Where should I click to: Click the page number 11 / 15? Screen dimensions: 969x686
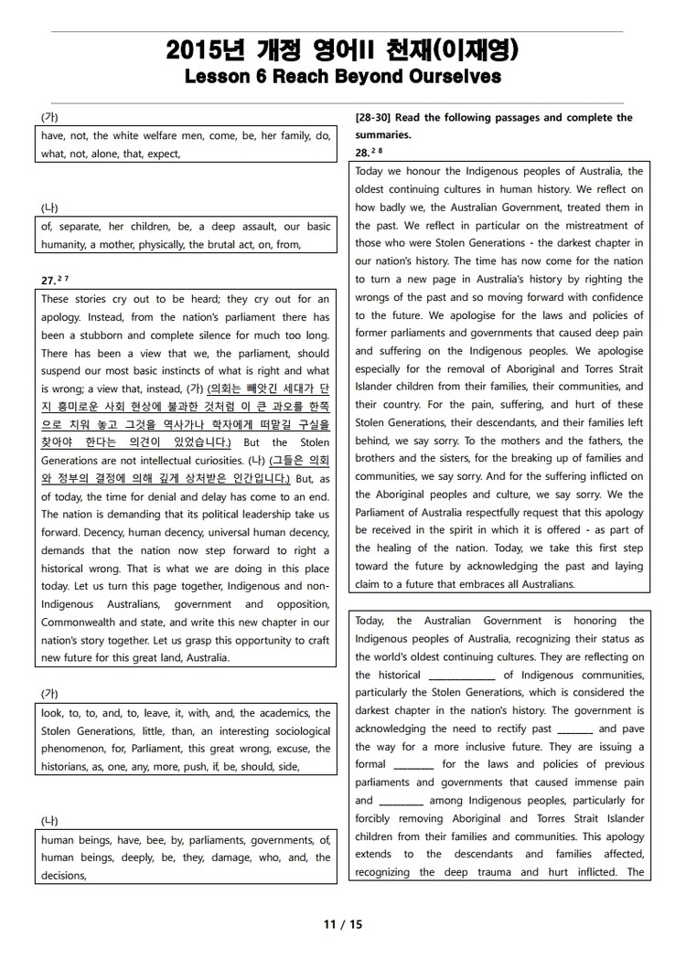tap(343, 924)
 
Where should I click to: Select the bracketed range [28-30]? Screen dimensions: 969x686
tap(374, 117)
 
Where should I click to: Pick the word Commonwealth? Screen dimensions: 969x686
tap(80, 623)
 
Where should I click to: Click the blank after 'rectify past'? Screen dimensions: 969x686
tap(574, 729)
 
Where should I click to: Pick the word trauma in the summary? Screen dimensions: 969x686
tap(496, 872)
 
